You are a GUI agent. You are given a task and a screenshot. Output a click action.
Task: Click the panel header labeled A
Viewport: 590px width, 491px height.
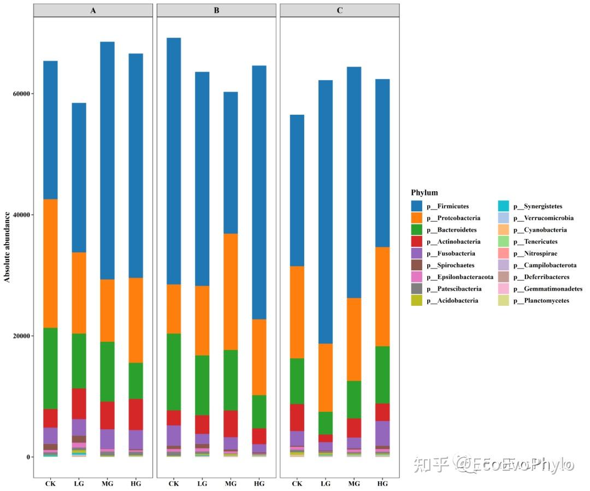click(93, 10)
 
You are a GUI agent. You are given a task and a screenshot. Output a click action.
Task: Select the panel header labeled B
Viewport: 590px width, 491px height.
click(216, 10)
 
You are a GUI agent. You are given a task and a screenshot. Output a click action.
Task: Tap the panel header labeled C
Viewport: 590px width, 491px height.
click(340, 10)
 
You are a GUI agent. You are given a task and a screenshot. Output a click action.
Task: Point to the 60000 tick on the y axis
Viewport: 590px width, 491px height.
click(21, 93)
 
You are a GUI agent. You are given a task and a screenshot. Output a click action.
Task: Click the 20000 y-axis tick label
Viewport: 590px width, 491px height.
click(21, 336)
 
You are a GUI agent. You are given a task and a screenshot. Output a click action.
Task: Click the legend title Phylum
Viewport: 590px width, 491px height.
click(424, 193)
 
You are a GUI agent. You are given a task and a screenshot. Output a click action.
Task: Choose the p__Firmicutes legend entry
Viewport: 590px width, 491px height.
click(447, 206)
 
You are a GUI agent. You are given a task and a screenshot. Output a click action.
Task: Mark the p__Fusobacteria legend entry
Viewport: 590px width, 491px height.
click(451, 253)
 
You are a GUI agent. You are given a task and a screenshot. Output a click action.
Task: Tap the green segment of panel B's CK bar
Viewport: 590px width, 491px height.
click(174, 371)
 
